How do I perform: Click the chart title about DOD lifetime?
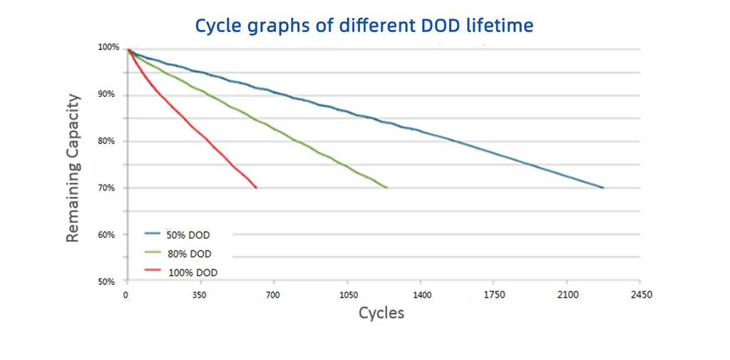click(x=364, y=26)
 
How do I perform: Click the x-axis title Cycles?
click(x=381, y=313)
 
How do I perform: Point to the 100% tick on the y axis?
click(x=108, y=47)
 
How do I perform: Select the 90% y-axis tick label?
click(x=107, y=95)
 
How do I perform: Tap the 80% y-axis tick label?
click(x=107, y=141)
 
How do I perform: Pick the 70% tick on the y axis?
click(x=107, y=188)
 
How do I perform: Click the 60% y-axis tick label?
click(x=107, y=235)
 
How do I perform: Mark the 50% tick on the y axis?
click(x=107, y=282)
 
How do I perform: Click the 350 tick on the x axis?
click(x=200, y=294)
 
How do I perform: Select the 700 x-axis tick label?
click(x=273, y=294)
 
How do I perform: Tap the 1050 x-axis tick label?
click(x=347, y=294)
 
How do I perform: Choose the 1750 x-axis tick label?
click(x=494, y=294)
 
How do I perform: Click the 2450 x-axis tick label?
click(x=642, y=294)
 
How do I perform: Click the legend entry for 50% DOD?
click(x=188, y=235)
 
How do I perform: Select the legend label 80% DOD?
click(x=189, y=253)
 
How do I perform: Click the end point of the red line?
click(x=257, y=187)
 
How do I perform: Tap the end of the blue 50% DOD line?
click(x=603, y=187)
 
